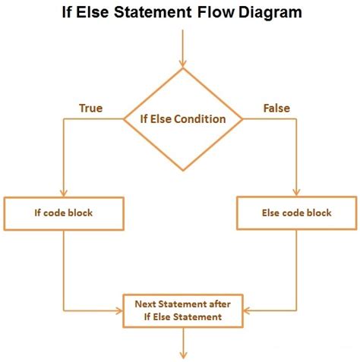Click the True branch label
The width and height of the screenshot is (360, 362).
pyautogui.click(x=90, y=108)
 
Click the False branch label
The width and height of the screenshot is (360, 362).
pyautogui.click(x=276, y=108)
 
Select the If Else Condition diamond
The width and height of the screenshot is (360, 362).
pyautogui.click(x=182, y=119)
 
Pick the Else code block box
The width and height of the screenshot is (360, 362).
pyautogui.click(x=296, y=213)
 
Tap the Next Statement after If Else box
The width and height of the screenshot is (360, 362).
pyautogui.click(x=182, y=310)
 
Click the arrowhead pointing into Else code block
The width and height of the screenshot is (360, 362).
pyautogui.click(x=297, y=192)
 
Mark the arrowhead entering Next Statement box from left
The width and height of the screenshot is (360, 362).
pyautogui.click(x=119, y=310)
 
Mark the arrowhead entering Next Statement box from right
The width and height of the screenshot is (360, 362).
pyautogui.click(x=245, y=310)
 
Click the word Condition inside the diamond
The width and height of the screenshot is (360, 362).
pyautogui.click(x=201, y=119)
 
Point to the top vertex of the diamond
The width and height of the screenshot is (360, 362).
pyautogui.click(x=182, y=69)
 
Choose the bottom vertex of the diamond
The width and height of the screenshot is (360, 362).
pyautogui.click(x=182, y=170)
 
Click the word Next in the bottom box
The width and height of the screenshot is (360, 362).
pyautogui.click(x=147, y=304)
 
